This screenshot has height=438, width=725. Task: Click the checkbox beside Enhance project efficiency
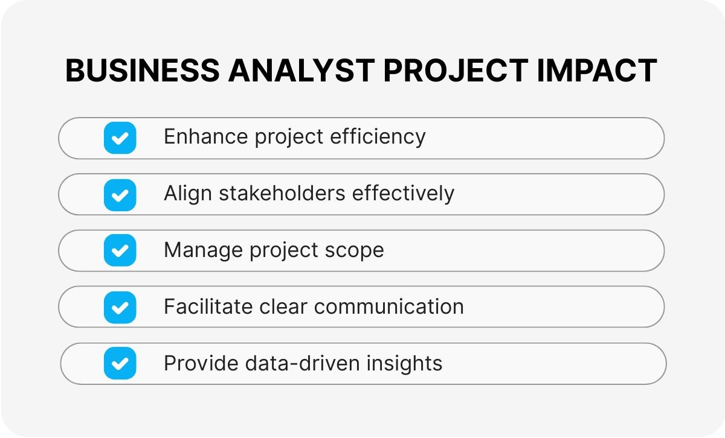point(120,138)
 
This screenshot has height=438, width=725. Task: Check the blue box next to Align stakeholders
point(120,195)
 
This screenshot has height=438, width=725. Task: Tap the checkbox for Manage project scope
point(120,250)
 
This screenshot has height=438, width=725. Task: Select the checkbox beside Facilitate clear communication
point(120,307)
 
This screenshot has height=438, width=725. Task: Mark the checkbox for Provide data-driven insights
point(120,363)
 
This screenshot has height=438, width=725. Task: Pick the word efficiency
point(378,138)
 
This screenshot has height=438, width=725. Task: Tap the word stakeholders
point(282,193)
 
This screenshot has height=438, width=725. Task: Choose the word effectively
point(403,193)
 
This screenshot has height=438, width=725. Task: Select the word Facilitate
point(208,306)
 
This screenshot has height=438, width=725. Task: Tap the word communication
point(388,306)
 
